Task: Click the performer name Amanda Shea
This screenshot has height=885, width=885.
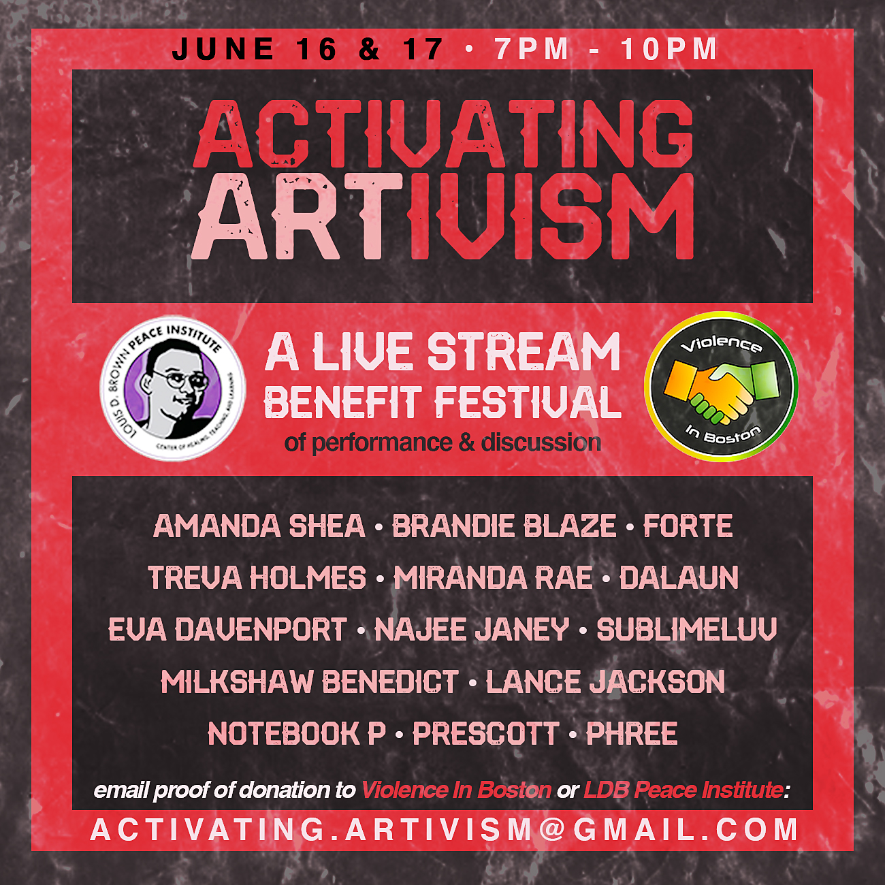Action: (x=259, y=526)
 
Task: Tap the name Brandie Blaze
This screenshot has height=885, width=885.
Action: (x=504, y=526)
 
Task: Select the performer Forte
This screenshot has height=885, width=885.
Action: (x=688, y=526)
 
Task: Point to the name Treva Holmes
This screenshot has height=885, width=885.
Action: (x=257, y=577)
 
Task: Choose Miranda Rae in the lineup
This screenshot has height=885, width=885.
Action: (x=494, y=577)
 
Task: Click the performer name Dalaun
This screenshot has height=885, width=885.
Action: (x=679, y=577)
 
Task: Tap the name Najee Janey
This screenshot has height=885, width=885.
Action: (x=472, y=629)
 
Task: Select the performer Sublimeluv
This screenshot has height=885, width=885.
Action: (x=687, y=629)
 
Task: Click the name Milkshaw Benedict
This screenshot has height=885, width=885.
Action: (x=310, y=681)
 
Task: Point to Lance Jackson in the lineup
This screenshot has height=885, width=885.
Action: (x=605, y=681)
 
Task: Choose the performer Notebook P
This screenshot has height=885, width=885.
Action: (x=297, y=733)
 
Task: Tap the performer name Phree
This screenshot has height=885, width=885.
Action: (x=632, y=733)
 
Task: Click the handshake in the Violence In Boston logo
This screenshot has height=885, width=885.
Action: (x=720, y=390)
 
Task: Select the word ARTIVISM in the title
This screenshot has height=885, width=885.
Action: (x=442, y=216)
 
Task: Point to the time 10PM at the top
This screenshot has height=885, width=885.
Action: (x=669, y=49)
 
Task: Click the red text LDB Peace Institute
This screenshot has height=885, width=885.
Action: (x=683, y=790)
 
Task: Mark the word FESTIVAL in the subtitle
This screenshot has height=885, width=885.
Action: (x=528, y=402)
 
